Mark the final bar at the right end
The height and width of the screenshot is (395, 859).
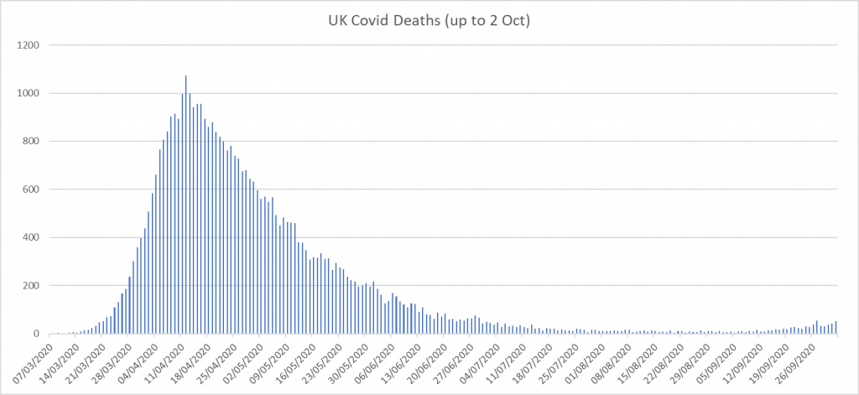click(836, 328)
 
